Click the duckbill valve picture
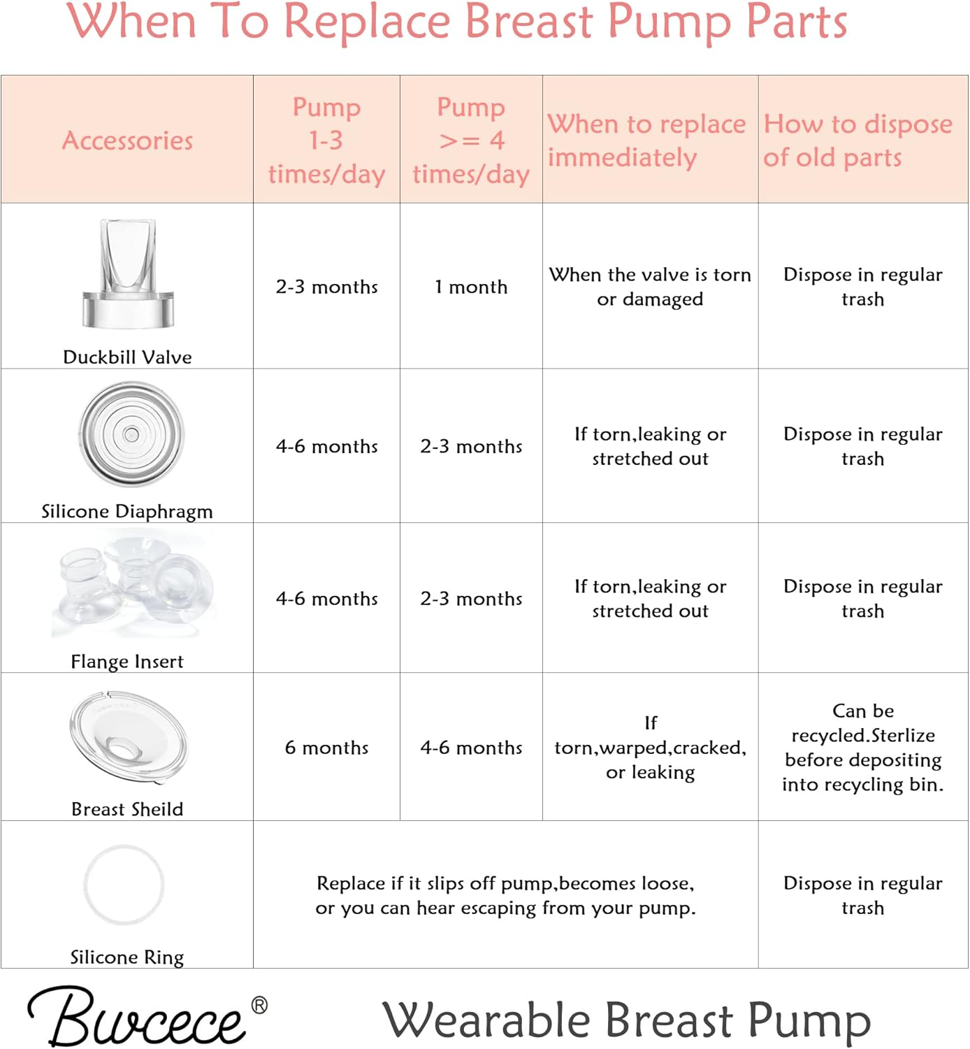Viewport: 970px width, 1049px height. (128, 273)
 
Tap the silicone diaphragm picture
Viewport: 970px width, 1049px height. (131, 434)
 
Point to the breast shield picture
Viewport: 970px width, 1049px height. (128, 741)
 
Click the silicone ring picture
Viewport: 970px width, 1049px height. (124, 885)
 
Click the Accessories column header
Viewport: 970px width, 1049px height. (127, 141)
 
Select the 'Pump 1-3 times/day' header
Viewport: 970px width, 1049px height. (326, 140)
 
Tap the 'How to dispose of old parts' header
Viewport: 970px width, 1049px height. (857, 140)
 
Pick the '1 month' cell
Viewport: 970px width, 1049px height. (471, 287)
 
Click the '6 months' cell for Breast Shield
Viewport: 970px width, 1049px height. (326, 748)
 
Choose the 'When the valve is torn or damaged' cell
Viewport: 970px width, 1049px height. (650, 287)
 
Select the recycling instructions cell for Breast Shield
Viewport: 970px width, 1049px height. (863, 748)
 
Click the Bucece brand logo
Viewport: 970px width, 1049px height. (137, 1018)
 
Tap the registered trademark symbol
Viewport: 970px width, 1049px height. (259, 1006)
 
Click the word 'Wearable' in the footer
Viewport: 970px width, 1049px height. (486, 1020)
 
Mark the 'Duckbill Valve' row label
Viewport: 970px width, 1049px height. (127, 357)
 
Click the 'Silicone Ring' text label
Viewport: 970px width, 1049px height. (127, 957)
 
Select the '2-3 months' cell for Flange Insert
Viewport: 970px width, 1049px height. (471, 599)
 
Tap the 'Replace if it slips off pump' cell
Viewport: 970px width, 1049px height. (505, 895)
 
